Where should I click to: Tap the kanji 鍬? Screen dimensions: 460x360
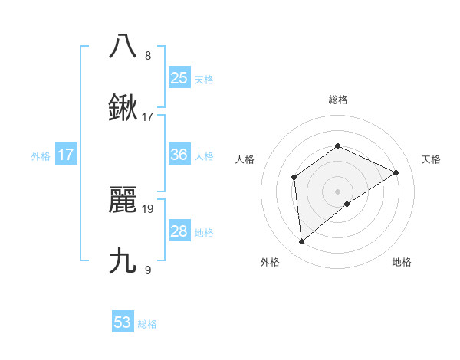(x=123, y=109)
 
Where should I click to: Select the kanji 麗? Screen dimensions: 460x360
(x=123, y=200)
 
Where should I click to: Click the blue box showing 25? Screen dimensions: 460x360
(x=179, y=77)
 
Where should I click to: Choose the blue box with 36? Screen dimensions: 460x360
(x=179, y=155)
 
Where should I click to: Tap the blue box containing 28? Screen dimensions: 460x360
(x=179, y=231)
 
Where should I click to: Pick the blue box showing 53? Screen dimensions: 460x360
(x=123, y=322)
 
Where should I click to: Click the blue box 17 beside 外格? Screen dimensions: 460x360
(x=66, y=155)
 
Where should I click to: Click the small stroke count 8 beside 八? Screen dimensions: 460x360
(x=148, y=55)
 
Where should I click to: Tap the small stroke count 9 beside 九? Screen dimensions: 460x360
(x=148, y=270)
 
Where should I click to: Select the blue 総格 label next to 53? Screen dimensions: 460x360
(x=147, y=324)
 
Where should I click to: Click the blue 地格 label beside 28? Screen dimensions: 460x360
(x=204, y=233)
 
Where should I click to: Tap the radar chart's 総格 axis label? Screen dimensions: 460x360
(x=337, y=100)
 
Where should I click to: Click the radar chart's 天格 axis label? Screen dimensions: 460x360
(x=431, y=159)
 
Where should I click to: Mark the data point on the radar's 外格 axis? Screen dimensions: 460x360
(x=302, y=241)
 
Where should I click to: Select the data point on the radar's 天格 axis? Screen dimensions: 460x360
(x=396, y=172)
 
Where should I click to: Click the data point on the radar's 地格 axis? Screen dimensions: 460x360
(x=347, y=204)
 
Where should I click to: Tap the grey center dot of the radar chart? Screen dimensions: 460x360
(x=337, y=191)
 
